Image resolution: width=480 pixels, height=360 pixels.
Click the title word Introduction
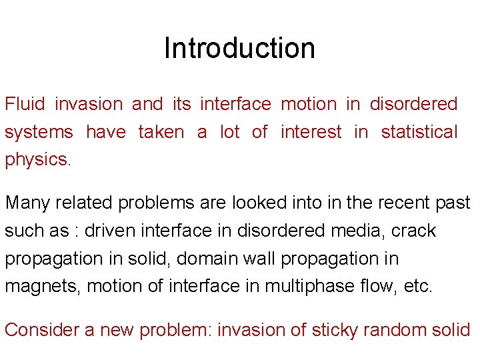(239, 48)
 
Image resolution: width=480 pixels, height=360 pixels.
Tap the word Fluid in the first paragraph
(25, 104)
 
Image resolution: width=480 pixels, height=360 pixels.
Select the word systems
(39, 133)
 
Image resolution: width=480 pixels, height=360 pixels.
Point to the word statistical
(419, 132)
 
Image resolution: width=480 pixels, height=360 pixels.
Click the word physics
(37, 161)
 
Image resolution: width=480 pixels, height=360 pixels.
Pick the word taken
(161, 132)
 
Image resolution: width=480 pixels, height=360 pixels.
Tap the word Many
(27, 203)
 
